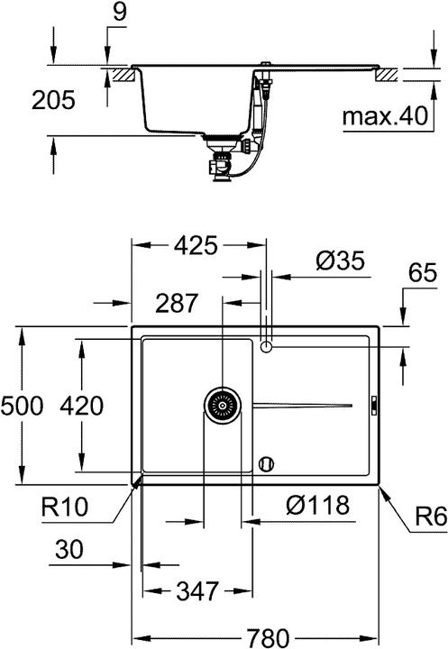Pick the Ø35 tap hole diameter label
340,261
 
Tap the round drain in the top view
221,406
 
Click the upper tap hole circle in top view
265,347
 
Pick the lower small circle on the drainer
264,462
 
